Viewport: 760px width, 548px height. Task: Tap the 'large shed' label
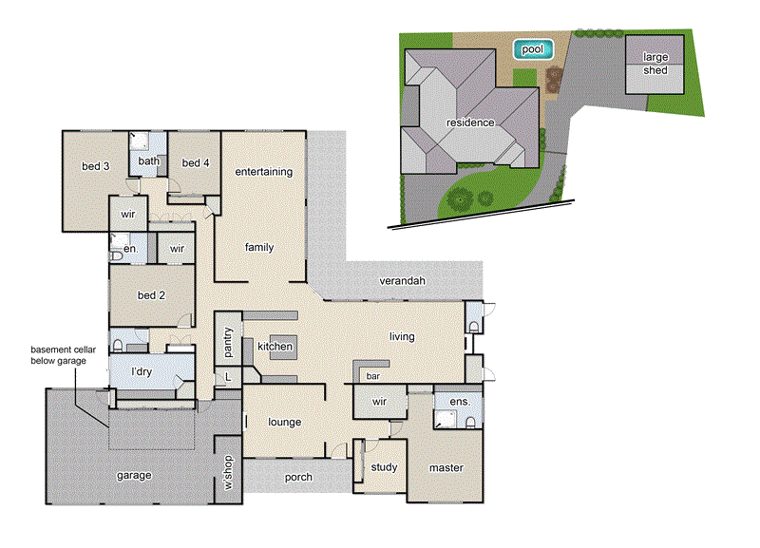coord(655,64)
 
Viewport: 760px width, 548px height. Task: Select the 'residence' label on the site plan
coord(470,123)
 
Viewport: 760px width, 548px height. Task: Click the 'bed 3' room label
coord(95,166)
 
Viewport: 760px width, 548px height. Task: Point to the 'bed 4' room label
coord(195,162)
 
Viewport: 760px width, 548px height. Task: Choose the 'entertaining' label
coord(263,172)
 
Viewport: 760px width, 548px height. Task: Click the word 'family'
coord(258,247)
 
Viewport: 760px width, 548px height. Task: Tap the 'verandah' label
coord(403,282)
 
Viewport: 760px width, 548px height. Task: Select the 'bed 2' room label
coord(152,295)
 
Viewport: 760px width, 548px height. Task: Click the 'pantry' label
coord(228,344)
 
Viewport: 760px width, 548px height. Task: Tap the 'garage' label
coord(134,475)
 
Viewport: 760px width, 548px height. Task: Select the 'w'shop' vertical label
coord(228,471)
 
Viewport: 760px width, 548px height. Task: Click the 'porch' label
coord(298,477)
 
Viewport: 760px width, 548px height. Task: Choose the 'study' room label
coord(384,467)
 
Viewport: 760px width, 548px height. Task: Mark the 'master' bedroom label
coord(446,467)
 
